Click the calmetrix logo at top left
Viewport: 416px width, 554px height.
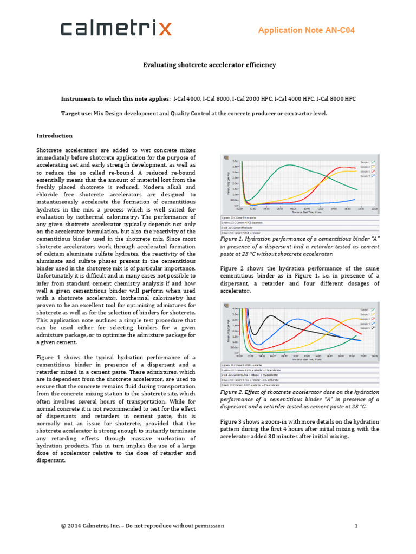116,29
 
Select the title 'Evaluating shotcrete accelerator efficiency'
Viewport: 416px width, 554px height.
209,65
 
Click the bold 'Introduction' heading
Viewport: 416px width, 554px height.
54,135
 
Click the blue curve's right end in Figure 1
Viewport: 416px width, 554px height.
355,199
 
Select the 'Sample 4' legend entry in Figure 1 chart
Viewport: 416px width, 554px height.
365,176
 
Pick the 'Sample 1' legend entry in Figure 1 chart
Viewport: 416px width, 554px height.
365,162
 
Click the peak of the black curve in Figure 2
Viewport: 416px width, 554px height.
271,316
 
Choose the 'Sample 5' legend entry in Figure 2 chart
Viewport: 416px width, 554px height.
365,328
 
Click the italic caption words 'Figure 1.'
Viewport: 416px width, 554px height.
233,238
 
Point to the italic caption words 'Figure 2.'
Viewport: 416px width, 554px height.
233,392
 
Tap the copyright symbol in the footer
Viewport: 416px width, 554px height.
63,526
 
